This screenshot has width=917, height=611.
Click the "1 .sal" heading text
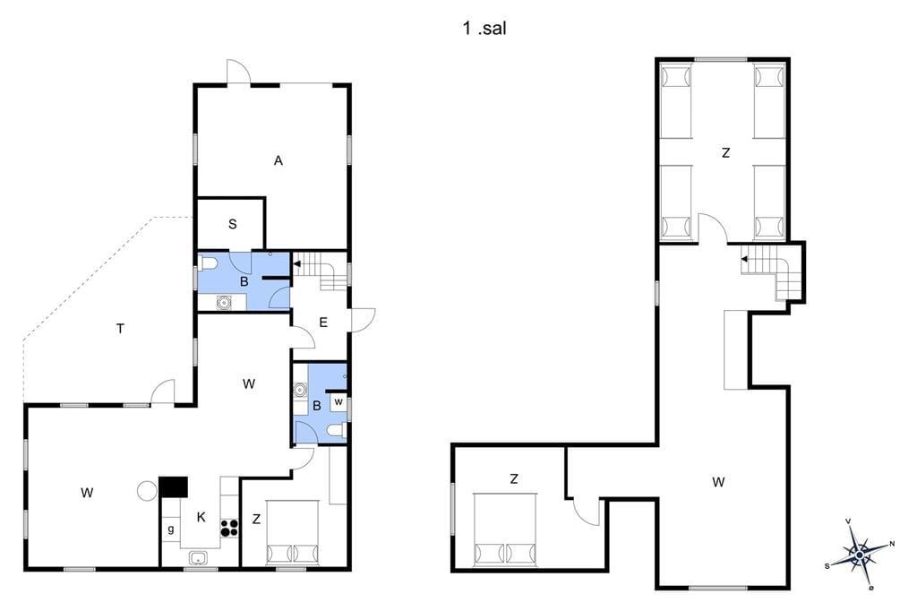pyautogui.click(x=484, y=28)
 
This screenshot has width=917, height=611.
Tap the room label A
pyautogui.click(x=279, y=160)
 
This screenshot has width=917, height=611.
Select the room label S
pyautogui.click(x=233, y=224)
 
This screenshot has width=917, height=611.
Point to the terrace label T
pyautogui.click(x=121, y=329)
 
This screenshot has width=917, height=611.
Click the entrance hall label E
pyautogui.click(x=323, y=323)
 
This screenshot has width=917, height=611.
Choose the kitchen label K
pyautogui.click(x=201, y=517)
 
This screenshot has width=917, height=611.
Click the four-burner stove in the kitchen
pyautogui.click(x=229, y=529)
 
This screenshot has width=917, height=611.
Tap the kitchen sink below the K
pyautogui.click(x=199, y=558)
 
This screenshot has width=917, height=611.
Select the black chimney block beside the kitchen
pyautogui.click(x=173, y=487)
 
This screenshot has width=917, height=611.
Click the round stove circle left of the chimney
pyautogui.click(x=147, y=491)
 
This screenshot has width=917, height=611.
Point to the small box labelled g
pyautogui.click(x=171, y=529)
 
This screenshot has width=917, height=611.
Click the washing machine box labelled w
pyautogui.click(x=338, y=402)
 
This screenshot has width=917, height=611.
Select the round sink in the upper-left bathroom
pyautogui.click(x=223, y=303)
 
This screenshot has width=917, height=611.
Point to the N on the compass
pyautogui.click(x=892, y=544)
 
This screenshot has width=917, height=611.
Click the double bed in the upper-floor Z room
pyautogui.click(x=505, y=530)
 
